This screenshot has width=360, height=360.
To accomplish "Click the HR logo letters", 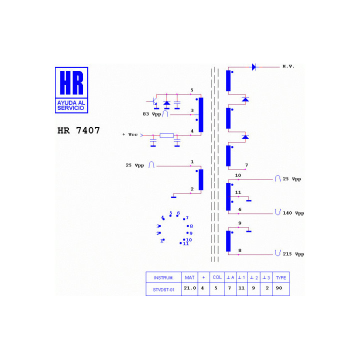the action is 71,82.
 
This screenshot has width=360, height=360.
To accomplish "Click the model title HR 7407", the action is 78,130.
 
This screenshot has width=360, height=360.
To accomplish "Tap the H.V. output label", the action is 288,66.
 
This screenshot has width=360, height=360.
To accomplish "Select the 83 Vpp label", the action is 152,114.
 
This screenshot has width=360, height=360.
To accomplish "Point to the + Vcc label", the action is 130,134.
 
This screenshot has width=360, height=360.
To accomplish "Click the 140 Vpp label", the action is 293,213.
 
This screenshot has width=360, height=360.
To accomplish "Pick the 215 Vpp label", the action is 293,254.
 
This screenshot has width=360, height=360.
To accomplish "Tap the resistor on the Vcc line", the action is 166,135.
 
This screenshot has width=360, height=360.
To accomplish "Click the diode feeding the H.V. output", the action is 254,67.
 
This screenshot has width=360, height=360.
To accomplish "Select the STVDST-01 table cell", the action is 163,289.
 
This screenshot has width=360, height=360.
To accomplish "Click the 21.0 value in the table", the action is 190,288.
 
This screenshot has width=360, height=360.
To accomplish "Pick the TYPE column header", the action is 281,278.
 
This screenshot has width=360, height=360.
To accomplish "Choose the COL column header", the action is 217,277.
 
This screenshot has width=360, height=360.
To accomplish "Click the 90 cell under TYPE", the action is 279,288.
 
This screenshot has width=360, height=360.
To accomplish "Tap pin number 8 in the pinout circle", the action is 191,226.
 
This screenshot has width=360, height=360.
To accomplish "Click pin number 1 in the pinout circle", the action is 161,241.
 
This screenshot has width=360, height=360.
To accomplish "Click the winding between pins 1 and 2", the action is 201,180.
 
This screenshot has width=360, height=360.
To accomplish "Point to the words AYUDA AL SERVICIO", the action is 71,105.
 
